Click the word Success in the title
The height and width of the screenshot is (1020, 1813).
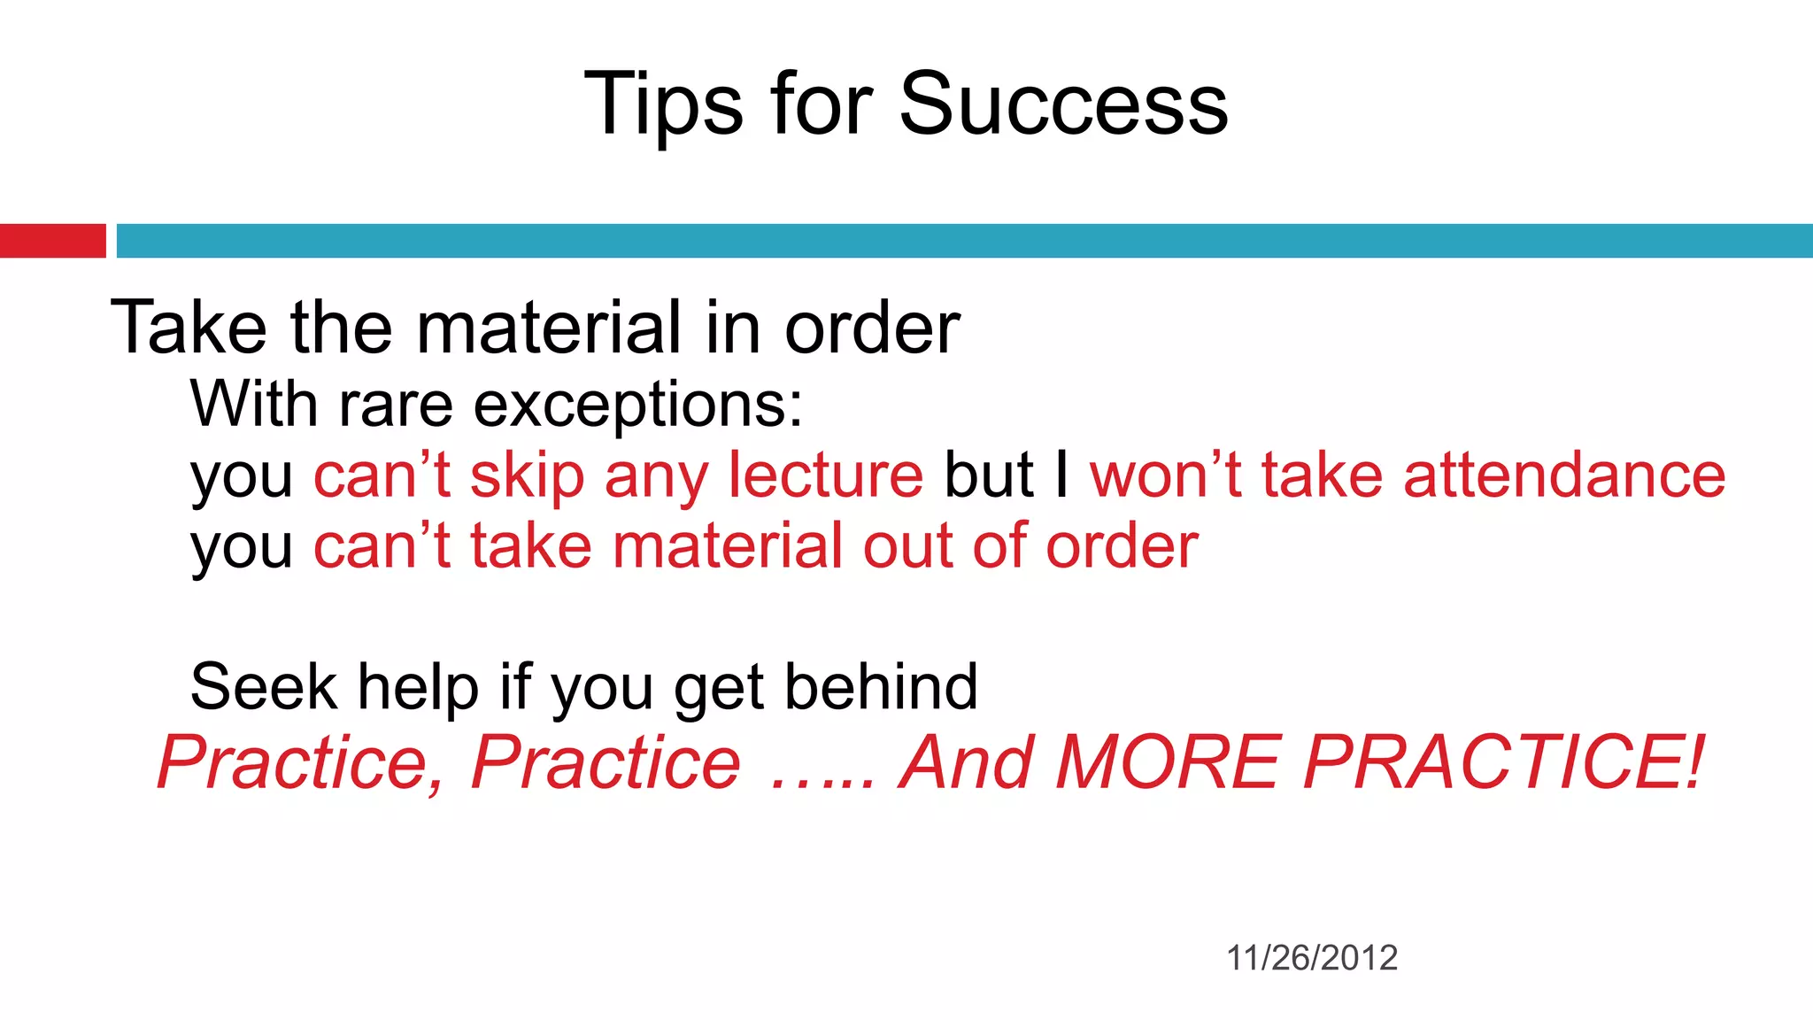[1063, 104]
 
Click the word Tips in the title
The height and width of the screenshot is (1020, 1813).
[664, 104]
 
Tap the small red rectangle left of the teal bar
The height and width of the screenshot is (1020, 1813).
[52, 241]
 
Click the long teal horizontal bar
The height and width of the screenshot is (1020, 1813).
[964, 241]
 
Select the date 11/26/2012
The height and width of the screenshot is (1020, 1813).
[1311, 958]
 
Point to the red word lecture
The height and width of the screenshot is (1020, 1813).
[825, 475]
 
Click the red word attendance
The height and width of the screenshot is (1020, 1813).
[1564, 475]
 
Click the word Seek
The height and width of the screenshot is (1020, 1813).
[263, 687]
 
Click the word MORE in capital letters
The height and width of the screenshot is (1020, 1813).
[1168, 762]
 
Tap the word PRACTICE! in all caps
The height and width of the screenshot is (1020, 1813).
[1504, 762]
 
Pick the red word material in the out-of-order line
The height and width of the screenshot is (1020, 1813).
[728, 546]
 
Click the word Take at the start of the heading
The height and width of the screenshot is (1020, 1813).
[189, 328]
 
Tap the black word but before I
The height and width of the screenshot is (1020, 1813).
[988, 475]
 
